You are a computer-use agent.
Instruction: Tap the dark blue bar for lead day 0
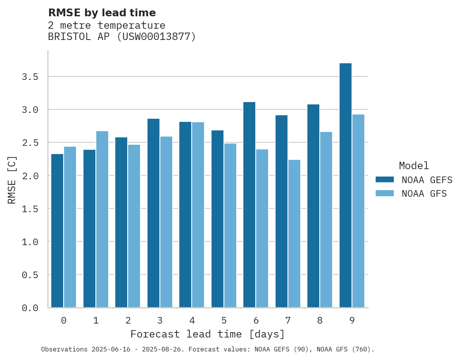(57, 231)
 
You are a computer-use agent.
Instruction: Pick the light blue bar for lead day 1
(102, 219)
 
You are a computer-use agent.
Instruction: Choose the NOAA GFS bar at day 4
(198, 215)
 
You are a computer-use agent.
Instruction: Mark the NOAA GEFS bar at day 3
(153, 213)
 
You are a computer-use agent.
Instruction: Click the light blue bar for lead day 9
(358, 211)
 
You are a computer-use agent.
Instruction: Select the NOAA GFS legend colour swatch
(385, 193)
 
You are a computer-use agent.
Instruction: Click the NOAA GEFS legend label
(427, 180)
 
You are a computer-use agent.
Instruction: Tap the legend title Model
(414, 166)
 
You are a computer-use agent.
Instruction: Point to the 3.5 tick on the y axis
(30, 77)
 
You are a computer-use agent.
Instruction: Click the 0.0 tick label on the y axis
(30, 308)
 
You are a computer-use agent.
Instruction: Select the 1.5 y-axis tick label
(30, 209)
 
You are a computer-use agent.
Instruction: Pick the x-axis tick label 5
(224, 320)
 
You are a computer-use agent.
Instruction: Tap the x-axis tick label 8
(320, 320)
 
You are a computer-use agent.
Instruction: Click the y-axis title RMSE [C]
(12, 180)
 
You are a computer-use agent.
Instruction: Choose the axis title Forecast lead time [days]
(208, 334)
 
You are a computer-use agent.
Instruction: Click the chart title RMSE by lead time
(102, 13)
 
